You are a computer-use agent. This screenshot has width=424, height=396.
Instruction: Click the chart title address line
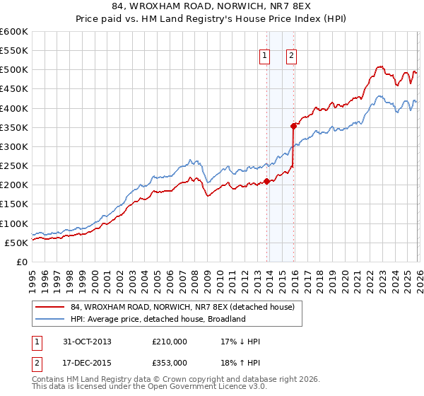click(212, 6)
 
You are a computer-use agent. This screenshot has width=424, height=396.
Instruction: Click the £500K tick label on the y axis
click(14, 70)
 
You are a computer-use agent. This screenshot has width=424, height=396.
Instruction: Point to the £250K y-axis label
click(14, 165)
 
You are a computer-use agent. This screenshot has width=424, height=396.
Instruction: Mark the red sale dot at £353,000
click(293, 126)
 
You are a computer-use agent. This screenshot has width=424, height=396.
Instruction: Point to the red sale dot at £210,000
click(267, 181)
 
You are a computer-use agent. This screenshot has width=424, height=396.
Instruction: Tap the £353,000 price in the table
click(169, 362)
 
